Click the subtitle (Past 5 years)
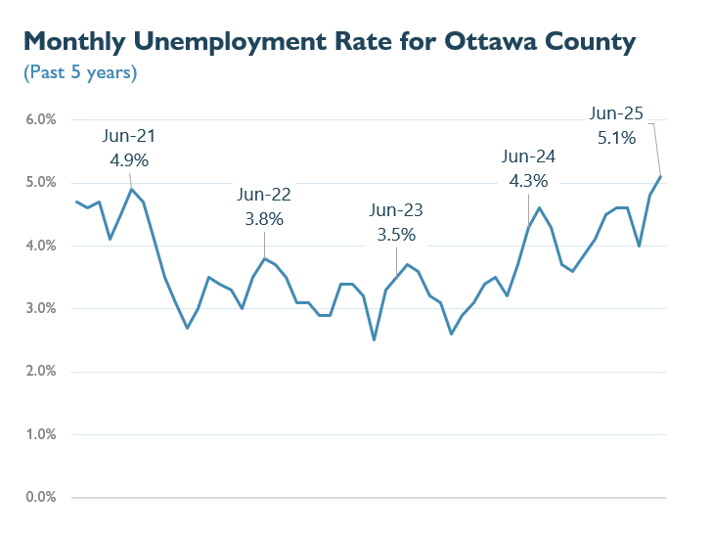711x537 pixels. (79, 72)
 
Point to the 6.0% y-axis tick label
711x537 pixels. (41, 119)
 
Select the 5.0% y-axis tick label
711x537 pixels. (41, 183)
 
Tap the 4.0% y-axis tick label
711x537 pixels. (41, 246)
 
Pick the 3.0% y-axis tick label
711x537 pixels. (41, 309)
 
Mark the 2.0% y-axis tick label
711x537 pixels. (41, 372)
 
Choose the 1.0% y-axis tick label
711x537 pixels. (41, 434)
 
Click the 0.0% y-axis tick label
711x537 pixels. (41, 498)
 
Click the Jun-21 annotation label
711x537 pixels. (130, 137)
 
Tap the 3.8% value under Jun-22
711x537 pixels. (264, 219)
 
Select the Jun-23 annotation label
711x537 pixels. (396, 210)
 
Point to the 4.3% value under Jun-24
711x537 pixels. (528, 181)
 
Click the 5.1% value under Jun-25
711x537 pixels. (616, 138)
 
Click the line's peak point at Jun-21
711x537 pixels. (132, 189)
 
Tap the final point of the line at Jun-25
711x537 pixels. (661, 176)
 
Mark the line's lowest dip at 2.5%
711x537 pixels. (375, 340)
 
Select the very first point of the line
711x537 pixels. (76, 201)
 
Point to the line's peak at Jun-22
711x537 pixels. (264, 258)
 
